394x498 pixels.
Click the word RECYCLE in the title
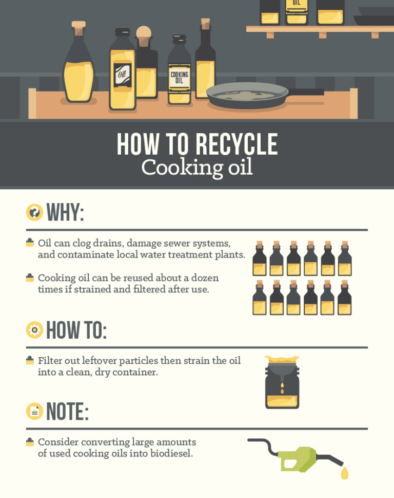pyautogui.click(x=231, y=144)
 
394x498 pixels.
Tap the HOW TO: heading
pyautogui.click(x=76, y=330)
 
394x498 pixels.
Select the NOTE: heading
pyautogui.click(x=67, y=411)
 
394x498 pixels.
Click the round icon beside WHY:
pyautogui.click(x=34, y=212)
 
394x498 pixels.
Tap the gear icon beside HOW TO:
pyautogui.click(x=34, y=330)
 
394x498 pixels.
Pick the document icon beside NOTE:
pyautogui.click(x=34, y=411)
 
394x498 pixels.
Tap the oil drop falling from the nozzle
pyautogui.click(x=344, y=473)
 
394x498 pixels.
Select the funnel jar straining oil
pyautogui.click(x=282, y=383)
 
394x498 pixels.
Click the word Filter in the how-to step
pyautogui.click(x=50, y=360)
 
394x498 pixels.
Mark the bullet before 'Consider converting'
pyautogui.click(x=30, y=441)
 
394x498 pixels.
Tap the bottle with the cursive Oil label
pyautogui.click(x=122, y=72)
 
